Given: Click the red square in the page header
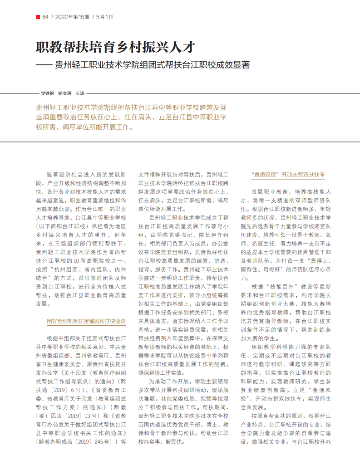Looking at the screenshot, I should [38, 17].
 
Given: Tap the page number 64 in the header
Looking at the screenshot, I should [45, 17].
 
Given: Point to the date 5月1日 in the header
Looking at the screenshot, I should [105, 17].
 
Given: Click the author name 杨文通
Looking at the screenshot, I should [64, 93].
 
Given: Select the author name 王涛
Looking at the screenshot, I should [80, 93].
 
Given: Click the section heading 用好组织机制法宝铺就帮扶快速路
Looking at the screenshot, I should [86, 321].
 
